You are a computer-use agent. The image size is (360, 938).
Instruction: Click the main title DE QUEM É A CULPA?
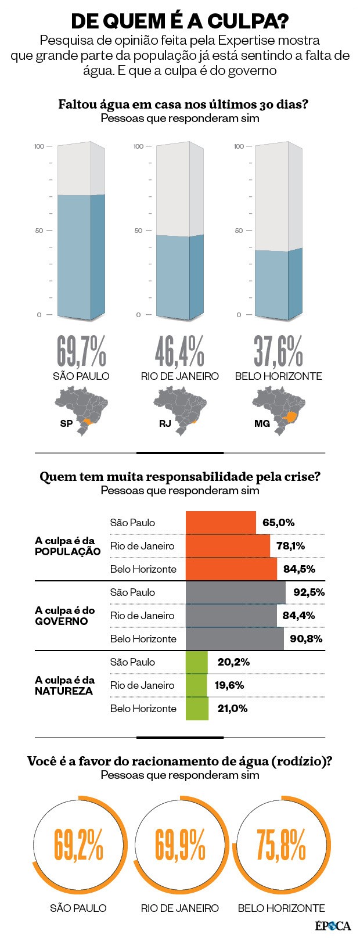pyautogui.click(x=179, y=21)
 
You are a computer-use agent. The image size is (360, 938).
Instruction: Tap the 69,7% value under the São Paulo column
pyautogui.click(x=81, y=351)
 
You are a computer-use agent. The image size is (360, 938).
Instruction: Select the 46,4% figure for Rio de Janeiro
pyautogui.click(x=179, y=351)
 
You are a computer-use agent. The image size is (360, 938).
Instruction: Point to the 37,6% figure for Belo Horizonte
pyautogui.click(x=278, y=351)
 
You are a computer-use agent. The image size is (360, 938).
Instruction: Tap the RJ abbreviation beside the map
pyautogui.click(x=165, y=423)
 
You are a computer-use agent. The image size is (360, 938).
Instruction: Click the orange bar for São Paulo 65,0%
pyautogui.click(x=221, y=522)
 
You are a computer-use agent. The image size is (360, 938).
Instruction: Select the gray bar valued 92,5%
pyautogui.click(x=235, y=592)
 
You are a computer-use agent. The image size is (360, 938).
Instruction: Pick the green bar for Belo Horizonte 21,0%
pyautogui.click(x=197, y=709)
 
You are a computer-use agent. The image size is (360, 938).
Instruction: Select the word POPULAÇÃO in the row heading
pyautogui.click(x=67, y=552)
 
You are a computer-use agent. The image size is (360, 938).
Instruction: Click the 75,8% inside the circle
pyautogui.click(x=281, y=844)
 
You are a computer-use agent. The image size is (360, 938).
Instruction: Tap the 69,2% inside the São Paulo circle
pyautogui.click(x=79, y=844)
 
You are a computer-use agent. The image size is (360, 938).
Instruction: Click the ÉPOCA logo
pyautogui.click(x=333, y=925)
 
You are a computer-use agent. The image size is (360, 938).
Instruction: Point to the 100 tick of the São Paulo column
pyautogui.click(x=39, y=146)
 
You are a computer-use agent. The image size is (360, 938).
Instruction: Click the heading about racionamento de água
pyautogui.click(x=179, y=761)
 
